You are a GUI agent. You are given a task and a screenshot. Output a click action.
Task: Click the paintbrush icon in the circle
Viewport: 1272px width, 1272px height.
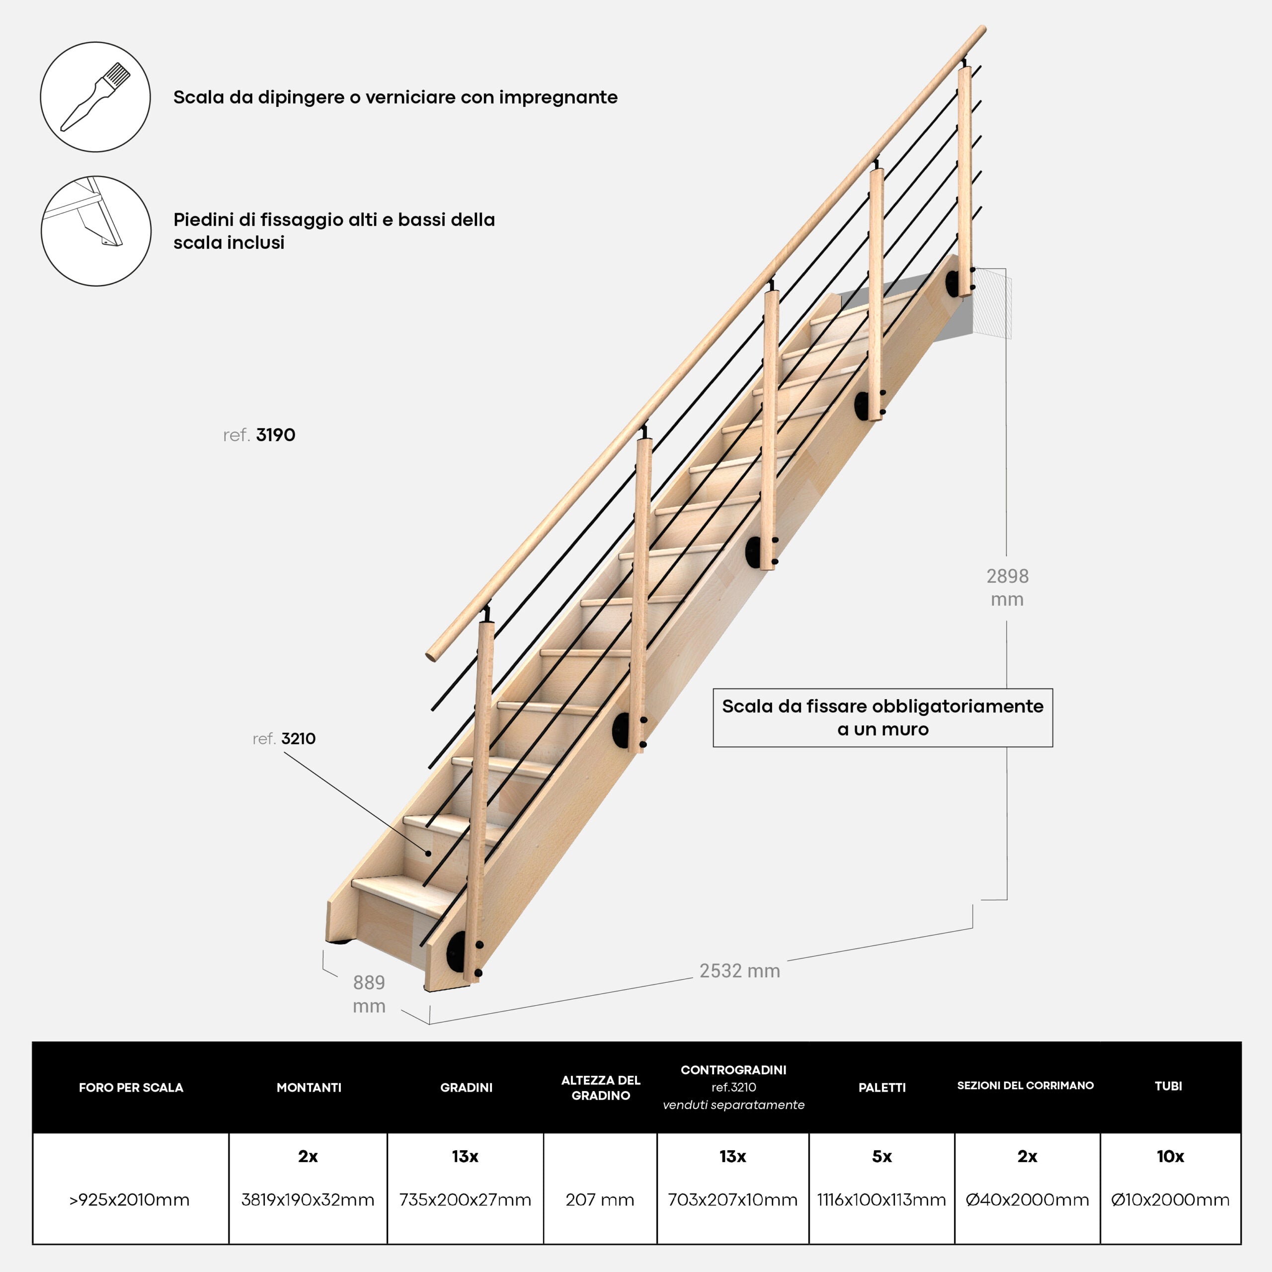tap(95, 97)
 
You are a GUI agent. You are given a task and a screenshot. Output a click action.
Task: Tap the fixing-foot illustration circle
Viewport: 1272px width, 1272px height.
tap(96, 231)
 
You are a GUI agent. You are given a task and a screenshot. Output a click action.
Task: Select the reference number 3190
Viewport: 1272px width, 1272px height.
tap(275, 435)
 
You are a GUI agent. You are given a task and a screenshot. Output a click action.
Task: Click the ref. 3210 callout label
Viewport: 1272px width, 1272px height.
tap(284, 739)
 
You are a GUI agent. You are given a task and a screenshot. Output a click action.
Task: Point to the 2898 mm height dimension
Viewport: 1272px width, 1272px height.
tap(1007, 587)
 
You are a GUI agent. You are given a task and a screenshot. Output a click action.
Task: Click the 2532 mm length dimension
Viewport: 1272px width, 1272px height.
tap(739, 970)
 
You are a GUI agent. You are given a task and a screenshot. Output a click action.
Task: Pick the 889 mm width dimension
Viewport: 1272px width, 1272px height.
tap(369, 994)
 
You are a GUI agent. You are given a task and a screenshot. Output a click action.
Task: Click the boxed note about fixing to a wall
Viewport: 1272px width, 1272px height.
tap(882, 717)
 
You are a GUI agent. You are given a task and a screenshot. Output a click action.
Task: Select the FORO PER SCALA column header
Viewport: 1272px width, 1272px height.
tap(131, 1088)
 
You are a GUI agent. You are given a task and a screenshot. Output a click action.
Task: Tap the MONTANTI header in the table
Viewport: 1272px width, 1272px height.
tap(309, 1088)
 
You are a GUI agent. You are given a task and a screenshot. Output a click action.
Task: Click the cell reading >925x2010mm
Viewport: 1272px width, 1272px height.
tap(130, 1199)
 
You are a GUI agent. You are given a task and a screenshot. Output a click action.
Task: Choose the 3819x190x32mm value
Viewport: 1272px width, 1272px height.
tap(308, 1199)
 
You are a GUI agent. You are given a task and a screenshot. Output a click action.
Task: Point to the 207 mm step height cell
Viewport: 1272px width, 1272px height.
tap(600, 1199)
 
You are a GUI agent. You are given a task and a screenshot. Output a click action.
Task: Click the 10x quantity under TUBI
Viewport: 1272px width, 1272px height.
tap(1170, 1156)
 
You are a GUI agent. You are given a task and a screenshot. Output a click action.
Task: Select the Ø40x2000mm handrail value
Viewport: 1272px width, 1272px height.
tap(1027, 1199)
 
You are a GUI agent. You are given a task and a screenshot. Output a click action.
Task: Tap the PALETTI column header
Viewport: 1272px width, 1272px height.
tap(881, 1088)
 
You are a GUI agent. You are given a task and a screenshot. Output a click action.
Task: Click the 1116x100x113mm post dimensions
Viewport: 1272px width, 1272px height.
tap(881, 1199)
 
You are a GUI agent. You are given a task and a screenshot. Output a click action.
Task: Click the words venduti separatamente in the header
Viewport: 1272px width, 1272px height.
tap(733, 1105)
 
